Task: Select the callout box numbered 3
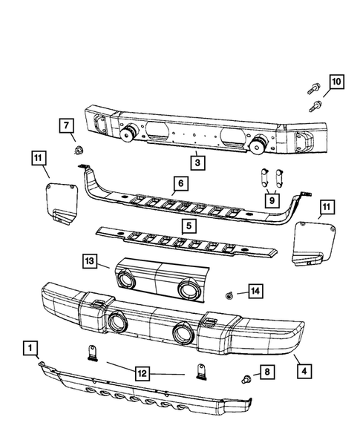click(196, 161)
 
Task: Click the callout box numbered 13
click(90, 261)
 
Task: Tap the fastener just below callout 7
click(78, 152)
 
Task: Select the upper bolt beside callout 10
click(310, 93)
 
